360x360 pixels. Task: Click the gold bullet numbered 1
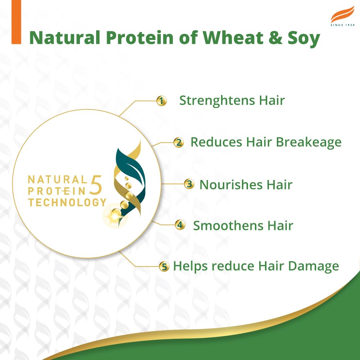coord(162,101)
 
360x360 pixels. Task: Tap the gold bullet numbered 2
coord(178,142)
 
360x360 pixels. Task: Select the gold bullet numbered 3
coord(189,184)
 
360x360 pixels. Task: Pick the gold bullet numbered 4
coord(180,225)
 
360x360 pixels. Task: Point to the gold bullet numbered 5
coord(164,267)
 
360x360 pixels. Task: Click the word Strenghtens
coord(213,100)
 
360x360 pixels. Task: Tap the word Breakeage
coord(309,142)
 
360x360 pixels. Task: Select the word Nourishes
coord(231,185)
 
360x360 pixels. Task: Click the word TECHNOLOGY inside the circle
coord(67,202)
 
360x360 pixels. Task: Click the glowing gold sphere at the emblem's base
coord(116,215)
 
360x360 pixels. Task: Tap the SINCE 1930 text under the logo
coord(342,25)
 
